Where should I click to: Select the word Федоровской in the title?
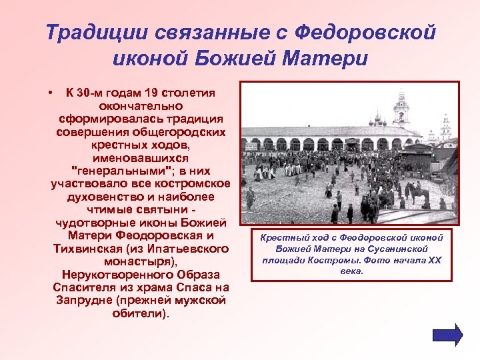click(x=365, y=32)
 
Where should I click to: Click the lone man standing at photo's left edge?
click(x=251, y=198)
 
